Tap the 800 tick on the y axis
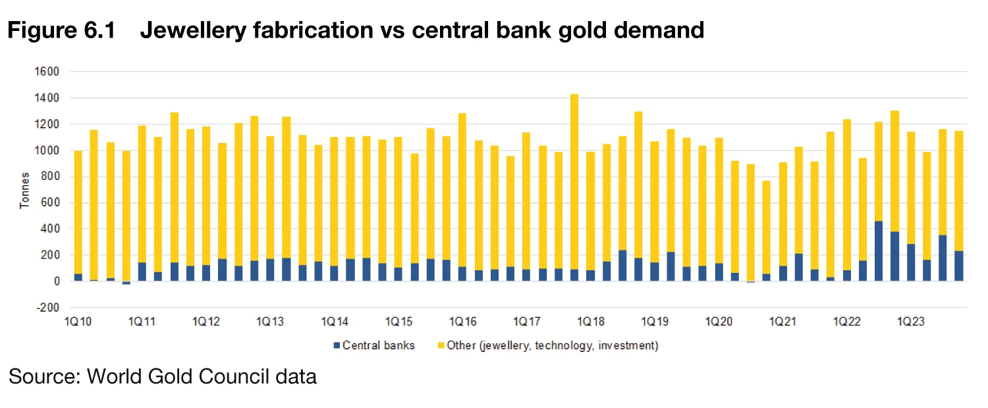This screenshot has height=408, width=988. [x=52, y=177]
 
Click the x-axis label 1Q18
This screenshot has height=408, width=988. [x=590, y=322]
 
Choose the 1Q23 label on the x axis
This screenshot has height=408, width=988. [x=911, y=322]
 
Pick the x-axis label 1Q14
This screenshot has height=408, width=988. [x=334, y=322]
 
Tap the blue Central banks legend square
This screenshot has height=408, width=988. [x=337, y=345]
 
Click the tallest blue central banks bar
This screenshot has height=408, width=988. [x=879, y=251]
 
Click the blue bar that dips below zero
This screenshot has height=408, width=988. [x=126, y=283]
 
